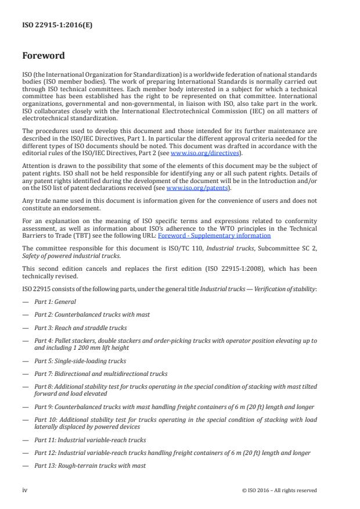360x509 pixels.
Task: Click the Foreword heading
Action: point(43,56)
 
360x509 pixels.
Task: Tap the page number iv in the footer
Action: point(25,490)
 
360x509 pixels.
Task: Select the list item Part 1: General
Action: point(55,302)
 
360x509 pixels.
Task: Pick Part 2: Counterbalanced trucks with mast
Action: point(92,314)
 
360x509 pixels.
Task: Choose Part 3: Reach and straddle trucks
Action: point(80,328)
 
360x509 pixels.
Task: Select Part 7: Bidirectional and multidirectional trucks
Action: point(100,373)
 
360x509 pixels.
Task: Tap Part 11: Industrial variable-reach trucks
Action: point(90,440)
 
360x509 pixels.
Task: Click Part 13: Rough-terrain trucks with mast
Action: point(90,466)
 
